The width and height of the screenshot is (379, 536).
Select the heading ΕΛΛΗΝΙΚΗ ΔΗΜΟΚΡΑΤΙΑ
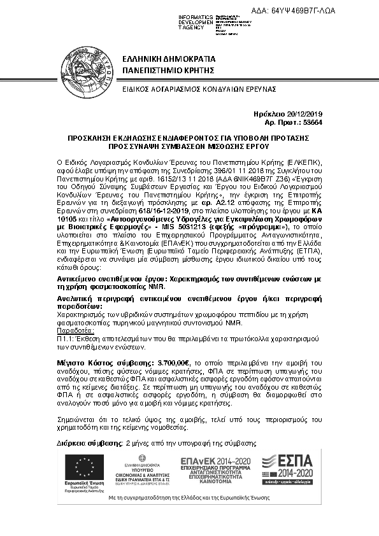tap(168, 58)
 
